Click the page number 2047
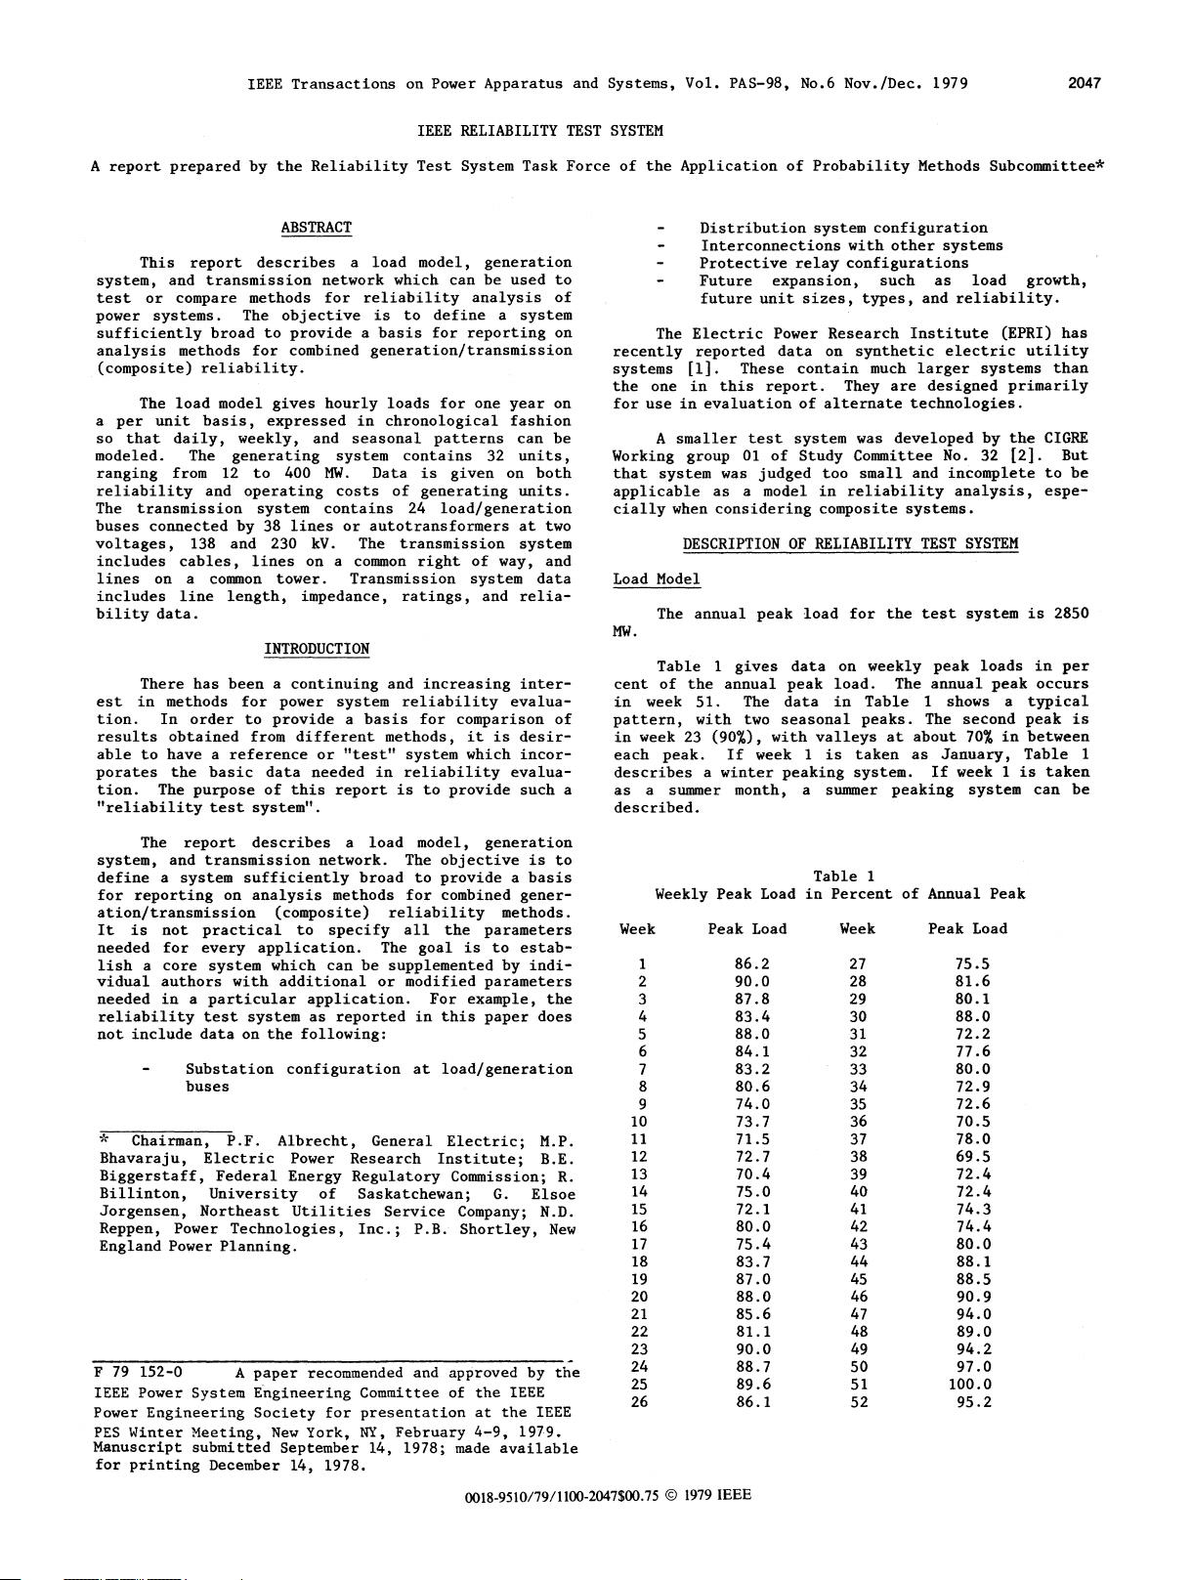1084,83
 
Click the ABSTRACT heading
316,228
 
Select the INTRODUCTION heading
317,649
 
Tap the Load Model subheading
657,579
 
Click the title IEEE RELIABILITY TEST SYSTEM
539,130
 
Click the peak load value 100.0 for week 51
969,1385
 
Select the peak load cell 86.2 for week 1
751,963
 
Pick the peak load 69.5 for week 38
972,1156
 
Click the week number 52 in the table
857,1402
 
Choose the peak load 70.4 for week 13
751,1174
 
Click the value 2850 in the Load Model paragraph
1071,614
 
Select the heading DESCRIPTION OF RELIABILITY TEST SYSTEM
850,544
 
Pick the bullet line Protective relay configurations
833,263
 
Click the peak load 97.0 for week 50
972,1367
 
